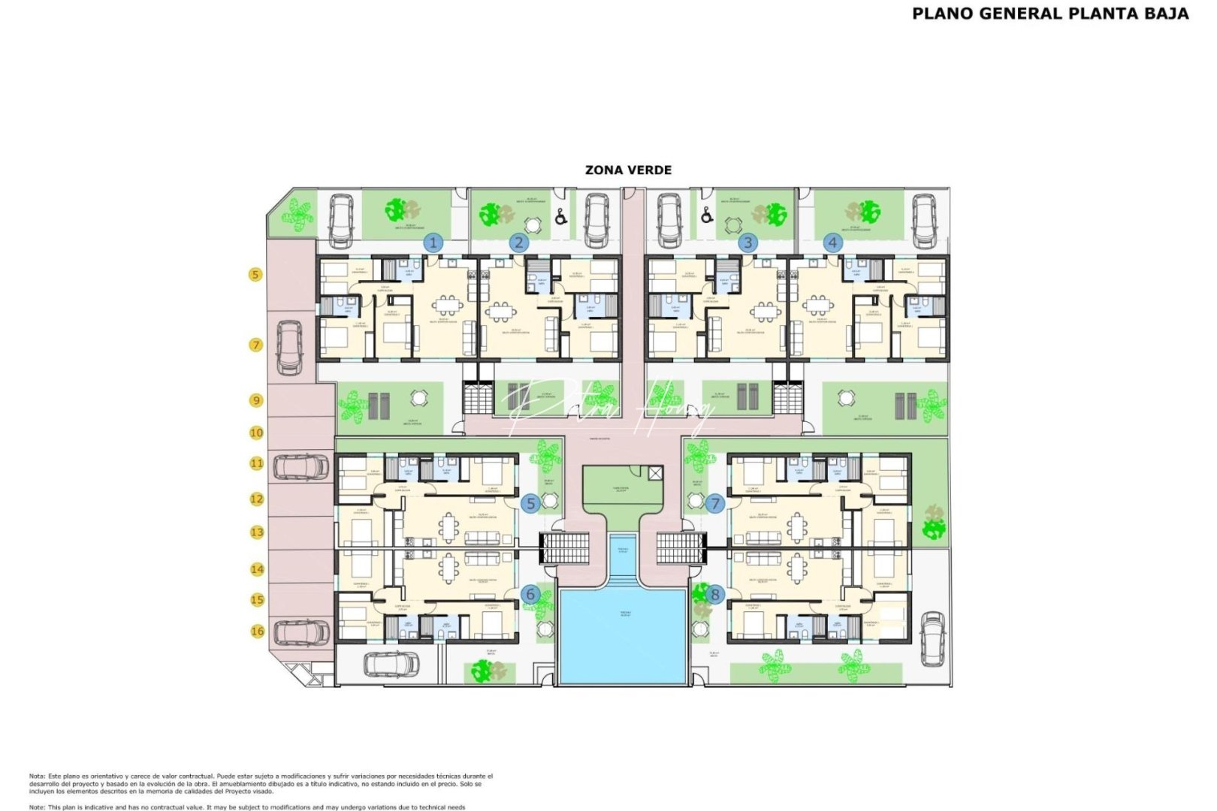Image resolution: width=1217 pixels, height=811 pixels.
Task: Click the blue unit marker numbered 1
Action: tap(433, 243)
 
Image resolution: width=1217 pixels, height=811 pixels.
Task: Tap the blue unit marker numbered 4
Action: tap(832, 243)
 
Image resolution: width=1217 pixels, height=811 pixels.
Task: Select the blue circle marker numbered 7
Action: tap(714, 503)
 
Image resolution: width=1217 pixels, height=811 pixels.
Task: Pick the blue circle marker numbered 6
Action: tap(530, 595)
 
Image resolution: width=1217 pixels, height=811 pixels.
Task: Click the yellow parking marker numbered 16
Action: tap(257, 631)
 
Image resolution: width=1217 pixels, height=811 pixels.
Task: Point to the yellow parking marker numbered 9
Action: tap(256, 400)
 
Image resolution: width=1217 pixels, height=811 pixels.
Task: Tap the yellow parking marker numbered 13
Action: tap(257, 532)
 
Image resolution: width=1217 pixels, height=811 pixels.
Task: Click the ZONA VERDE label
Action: tap(628, 170)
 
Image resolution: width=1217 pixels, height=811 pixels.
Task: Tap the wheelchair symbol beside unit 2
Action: tap(560, 217)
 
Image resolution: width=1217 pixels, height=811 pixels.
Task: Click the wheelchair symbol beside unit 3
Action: tap(706, 216)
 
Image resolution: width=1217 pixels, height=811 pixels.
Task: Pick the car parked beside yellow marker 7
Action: tap(289, 348)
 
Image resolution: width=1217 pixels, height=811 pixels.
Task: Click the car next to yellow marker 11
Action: tap(301, 467)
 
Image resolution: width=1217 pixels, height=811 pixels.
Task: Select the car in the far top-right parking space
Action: tap(924, 221)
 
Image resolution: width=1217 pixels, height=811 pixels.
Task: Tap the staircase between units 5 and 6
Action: tap(564, 547)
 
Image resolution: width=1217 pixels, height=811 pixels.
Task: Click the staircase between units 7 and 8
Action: tap(682, 547)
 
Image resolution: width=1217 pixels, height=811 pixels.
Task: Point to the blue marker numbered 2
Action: tap(518, 243)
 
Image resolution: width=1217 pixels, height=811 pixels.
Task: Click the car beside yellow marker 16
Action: tap(301, 632)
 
